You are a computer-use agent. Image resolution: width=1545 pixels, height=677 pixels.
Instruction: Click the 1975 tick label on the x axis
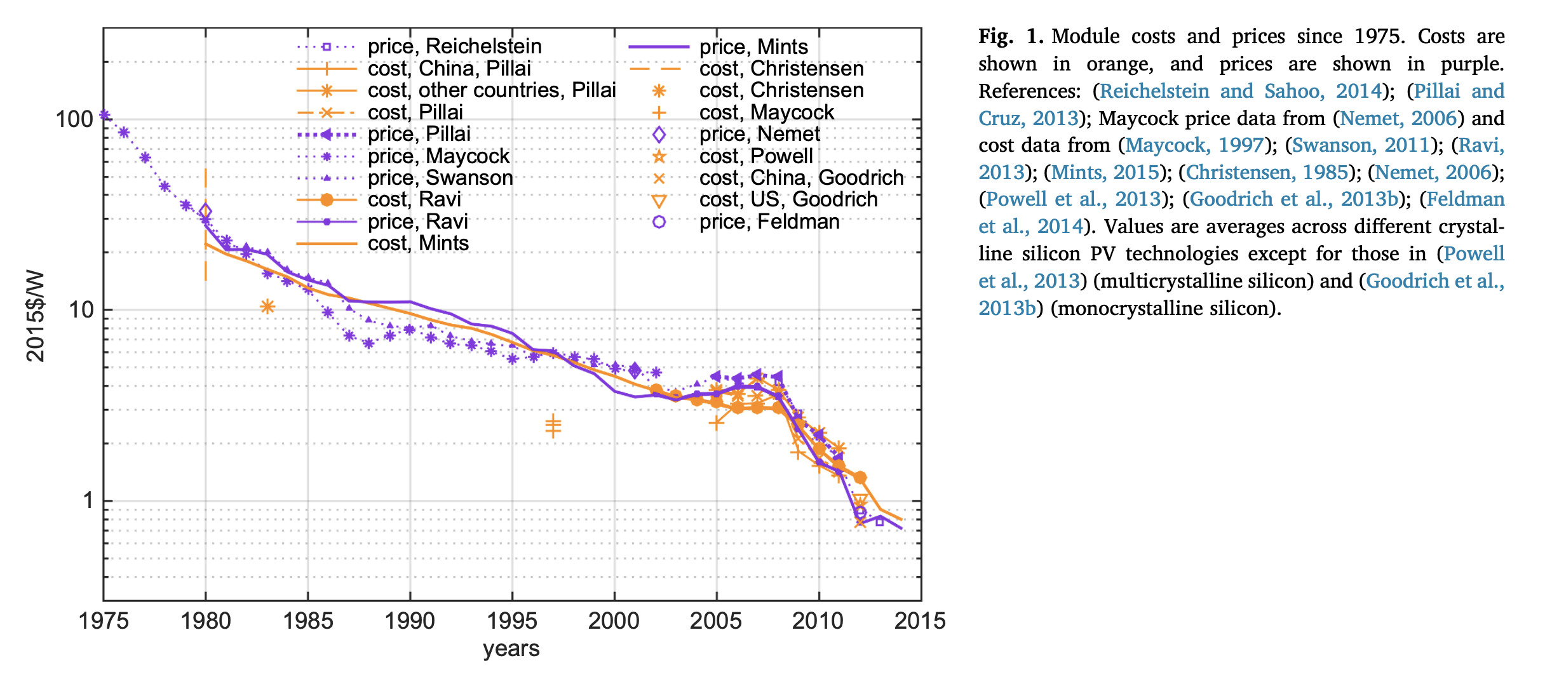click(x=103, y=620)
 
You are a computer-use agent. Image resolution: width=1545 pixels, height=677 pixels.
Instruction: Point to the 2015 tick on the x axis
click(x=920, y=620)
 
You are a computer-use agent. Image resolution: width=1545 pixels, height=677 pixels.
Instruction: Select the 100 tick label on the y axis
click(x=74, y=119)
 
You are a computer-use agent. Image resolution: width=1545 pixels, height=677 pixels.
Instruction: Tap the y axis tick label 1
click(x=88, y=500)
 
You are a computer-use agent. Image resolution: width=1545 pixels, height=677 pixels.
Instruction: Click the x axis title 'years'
click(x=511, y=648)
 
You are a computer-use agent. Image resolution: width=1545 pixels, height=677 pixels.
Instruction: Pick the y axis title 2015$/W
click(x=36, y=316)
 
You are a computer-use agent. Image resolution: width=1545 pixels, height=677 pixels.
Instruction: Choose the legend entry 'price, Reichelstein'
click(x=454, y=46)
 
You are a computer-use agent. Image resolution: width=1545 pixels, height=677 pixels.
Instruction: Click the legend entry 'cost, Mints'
click(x=418, y=243)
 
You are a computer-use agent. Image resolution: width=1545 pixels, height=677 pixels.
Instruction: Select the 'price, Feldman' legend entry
click(x=769, y=222)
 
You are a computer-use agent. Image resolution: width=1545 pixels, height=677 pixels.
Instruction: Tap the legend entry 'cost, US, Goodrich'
click(x=788, y=199)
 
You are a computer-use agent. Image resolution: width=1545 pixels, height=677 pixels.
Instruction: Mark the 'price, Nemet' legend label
click(x=759, y=134)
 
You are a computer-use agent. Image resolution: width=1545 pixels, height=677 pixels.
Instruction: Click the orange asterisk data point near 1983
click(x=267, y=307)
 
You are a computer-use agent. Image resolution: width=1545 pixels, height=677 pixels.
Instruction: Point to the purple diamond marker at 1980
click(x=205, y=211)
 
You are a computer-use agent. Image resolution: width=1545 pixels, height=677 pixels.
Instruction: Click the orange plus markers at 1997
click(x=553, y=426)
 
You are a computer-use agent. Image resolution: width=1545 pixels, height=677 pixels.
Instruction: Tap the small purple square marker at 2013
click(x=879, y=521)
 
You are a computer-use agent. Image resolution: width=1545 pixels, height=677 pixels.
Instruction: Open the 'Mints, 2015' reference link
click(x=1105, y=172)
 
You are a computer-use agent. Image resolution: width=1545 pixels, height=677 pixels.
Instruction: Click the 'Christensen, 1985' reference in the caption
click(x=1267, y=172)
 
